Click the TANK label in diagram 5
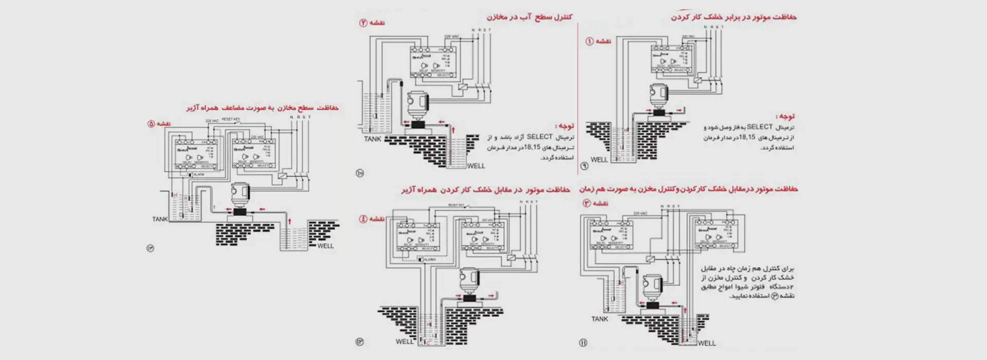pyautogui.click(x=160, y=219)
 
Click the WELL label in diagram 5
pyautogui.click(x=325, y=246)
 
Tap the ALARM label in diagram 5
pyautogui.click(x=198, y=175)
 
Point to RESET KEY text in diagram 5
pyautogui.click(x=231, y=119)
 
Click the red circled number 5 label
pyautogui.click(x=151, y=124)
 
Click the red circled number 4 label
pyautogui.click(x=363, y=219)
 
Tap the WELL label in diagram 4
pyautogui.click(x=404, y=341)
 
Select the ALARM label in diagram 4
pyautogui.click(x=429, y=260)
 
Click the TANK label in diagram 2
pyautogui.click(x=373, y=139)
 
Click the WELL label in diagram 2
pyautogui.click(x=476, y=166)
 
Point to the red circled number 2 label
pyautogui.click(x=363, y=23)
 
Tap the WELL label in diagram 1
pyautogui.click(x=599, y=159)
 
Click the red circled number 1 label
pyautogui.click(x=589, y=41)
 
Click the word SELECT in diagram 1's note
pyautogui.click(x=759, y=127)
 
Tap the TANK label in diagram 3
pyautogui.click(x=599, y=319)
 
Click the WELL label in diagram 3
pyautogui.click(x=706, y=343)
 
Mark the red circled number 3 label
pyautogui.click(x=586, y=203)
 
